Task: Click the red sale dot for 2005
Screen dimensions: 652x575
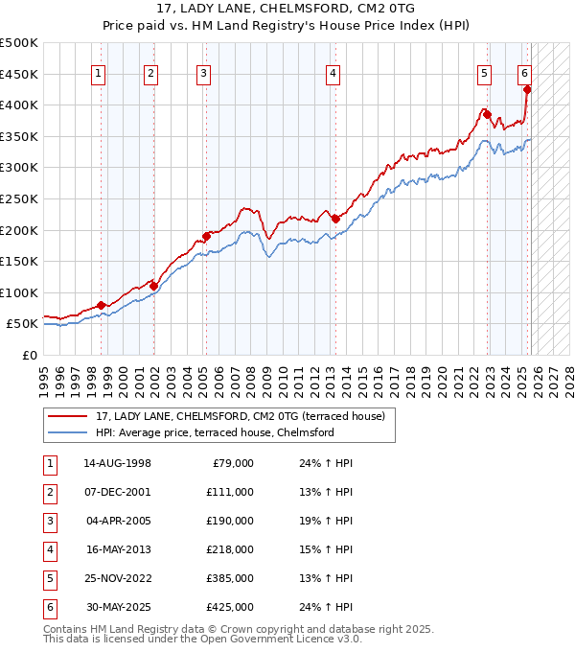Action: (x=206, y=236)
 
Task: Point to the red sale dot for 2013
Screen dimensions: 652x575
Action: (x=334, y=219)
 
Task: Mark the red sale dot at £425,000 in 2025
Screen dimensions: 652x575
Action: (x=526, y=89)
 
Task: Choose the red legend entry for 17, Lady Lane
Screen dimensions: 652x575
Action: (x=240, y=416)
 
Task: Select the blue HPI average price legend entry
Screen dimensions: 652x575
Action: (x=214, y=432)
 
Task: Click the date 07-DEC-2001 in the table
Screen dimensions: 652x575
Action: (x=118, y=492)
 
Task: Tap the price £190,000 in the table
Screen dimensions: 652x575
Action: (x=229, y=521)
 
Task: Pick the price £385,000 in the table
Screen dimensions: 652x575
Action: (x=229, y=578)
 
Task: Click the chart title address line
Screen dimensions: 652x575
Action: (x=287, y=11)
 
